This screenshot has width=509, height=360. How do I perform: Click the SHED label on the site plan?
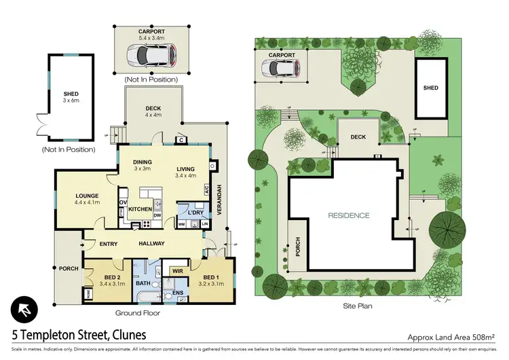(430, 88)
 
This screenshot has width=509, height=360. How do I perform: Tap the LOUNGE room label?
(87, 198)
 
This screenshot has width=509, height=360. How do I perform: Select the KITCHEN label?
(140, 209)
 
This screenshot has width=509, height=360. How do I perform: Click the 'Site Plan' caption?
(356, 306)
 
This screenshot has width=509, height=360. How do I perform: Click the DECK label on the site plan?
(358, 137)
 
